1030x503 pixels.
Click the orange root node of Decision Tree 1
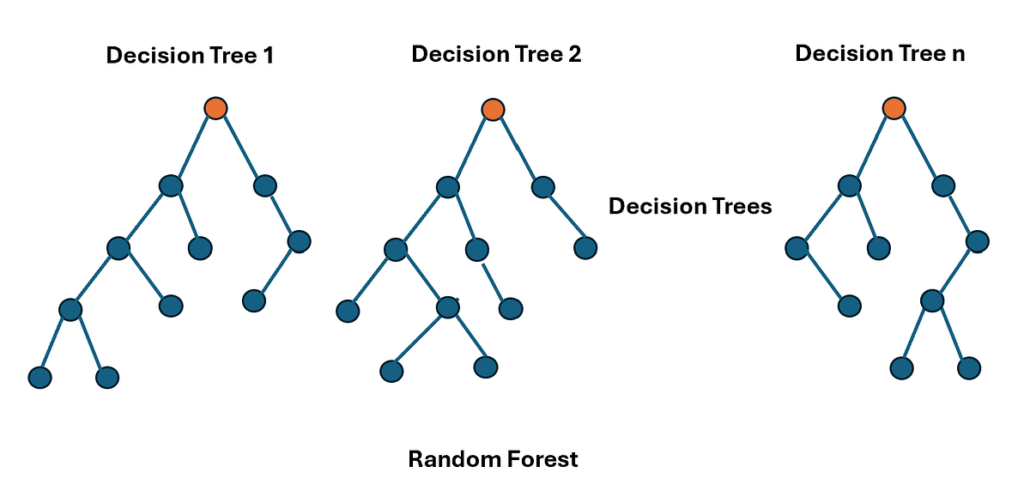[x=215, y=108]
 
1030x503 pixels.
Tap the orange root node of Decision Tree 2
[x=493, y=109]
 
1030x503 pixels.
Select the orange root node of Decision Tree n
[x=894, y=108]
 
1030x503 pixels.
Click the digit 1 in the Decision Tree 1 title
[x=269, y=56]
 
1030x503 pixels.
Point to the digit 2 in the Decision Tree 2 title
[x=574, y=54]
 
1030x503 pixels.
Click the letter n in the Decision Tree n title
[x=958, y=54]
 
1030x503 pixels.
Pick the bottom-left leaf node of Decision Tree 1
[x=40, y=378]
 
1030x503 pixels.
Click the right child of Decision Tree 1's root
[x=265, y=186]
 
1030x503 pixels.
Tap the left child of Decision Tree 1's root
[x=171, y=186]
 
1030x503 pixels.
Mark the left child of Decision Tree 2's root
[x=448, y=187]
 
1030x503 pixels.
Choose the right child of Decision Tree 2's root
[x=543, y=187]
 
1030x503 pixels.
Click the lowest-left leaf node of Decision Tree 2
[x=391, y=371]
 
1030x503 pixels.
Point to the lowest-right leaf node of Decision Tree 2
[x=486, y=367]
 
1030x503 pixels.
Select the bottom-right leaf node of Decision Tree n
[x=969, y=368]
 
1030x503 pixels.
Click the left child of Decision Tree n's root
[x=849, y=185]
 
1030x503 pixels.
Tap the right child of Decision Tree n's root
[x=943, y=185]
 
